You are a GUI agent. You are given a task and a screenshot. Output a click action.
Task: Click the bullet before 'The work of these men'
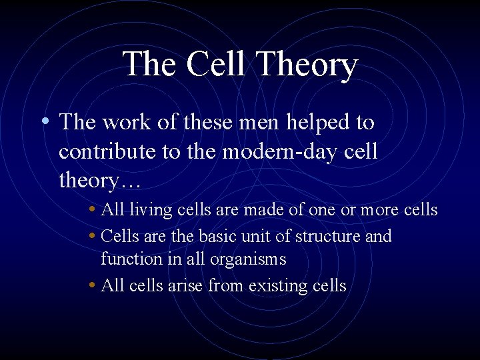tap(43, 122)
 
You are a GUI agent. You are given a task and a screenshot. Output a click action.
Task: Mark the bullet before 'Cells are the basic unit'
tap(91, 237)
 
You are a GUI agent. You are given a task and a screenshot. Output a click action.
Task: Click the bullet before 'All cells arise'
tap(91, 286)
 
